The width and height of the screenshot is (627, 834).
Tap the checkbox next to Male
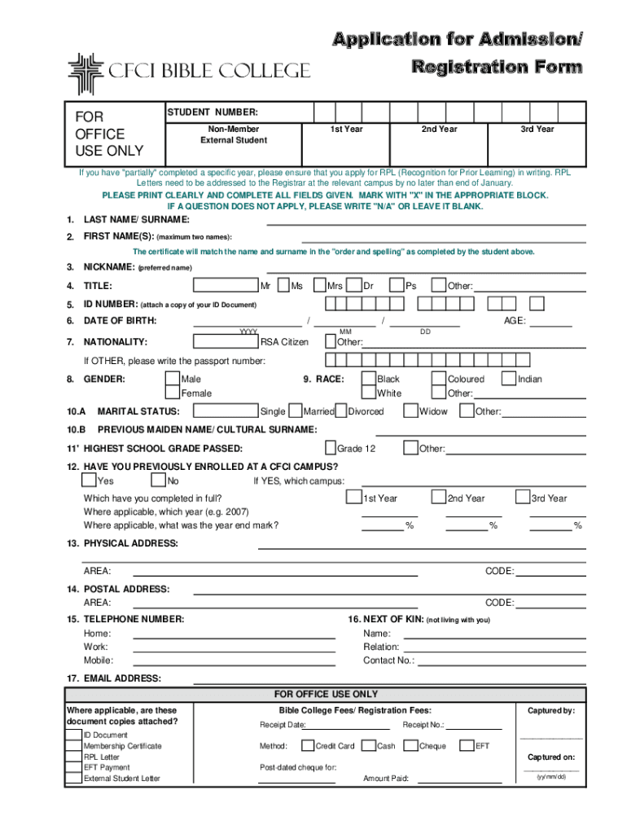[x=173, y=380]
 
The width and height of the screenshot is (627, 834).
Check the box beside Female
[x=173, y=393]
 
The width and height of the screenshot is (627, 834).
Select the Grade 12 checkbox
[x=331, y=448]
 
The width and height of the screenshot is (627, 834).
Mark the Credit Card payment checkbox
[x=308, y=745]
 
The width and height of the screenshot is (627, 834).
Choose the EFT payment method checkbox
[x=467, y=745]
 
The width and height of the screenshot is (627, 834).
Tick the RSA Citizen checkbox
[x=252, y=342]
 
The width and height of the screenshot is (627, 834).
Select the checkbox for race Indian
[x=510, y=379]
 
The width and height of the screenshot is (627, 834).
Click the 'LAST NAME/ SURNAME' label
[x=136, y=220]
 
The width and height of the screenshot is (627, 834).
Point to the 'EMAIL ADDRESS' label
[x=122, y=678]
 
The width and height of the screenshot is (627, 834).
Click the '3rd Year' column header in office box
[x=537, y=129]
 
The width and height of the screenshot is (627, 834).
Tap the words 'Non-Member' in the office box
[x=233, y=129]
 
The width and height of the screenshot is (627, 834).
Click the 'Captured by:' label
[x=551, y=711]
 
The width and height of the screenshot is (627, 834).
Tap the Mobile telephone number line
[x=234, y=661]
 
